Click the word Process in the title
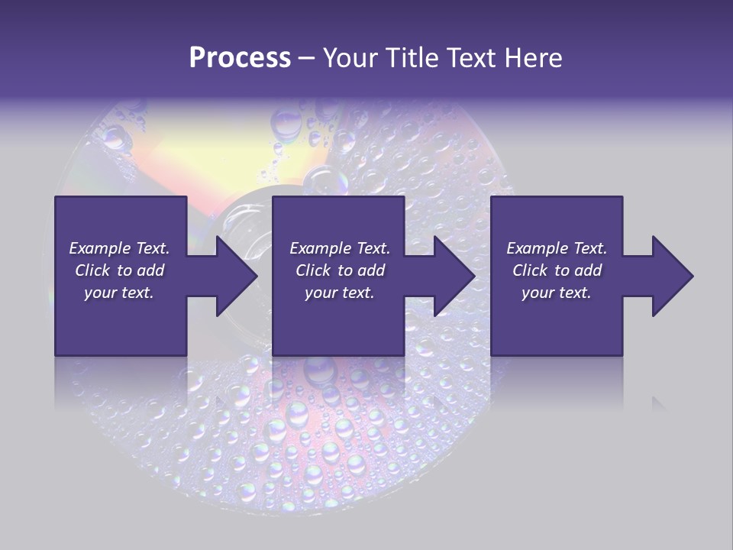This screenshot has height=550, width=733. click(x=240, y=58)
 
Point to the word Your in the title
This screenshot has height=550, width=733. click(x=350, y=58)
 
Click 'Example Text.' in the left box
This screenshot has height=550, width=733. click(x=119, y=248)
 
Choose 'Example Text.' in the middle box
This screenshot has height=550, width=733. click(x=340, y=248)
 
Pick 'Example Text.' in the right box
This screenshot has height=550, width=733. click(x=557, y=248)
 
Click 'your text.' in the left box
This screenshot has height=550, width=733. click(x=119, y=293)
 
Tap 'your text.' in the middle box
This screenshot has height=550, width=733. click(x=340, y=293)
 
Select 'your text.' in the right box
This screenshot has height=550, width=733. click(x=557, y=293)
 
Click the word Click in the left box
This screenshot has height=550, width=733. click(x=92, y=270)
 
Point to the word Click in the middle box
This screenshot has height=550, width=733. click(x=313, y=270)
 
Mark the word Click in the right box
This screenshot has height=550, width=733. click(x=530, y=270)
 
